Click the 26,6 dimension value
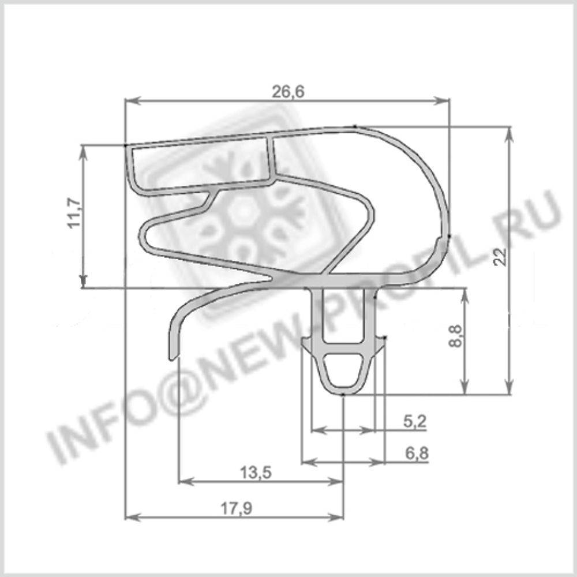pyautogui.click(x=287, y=91)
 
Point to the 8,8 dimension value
pyautogui.click(x=456, y=336)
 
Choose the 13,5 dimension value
pyautogui.click(x=256, y=473)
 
